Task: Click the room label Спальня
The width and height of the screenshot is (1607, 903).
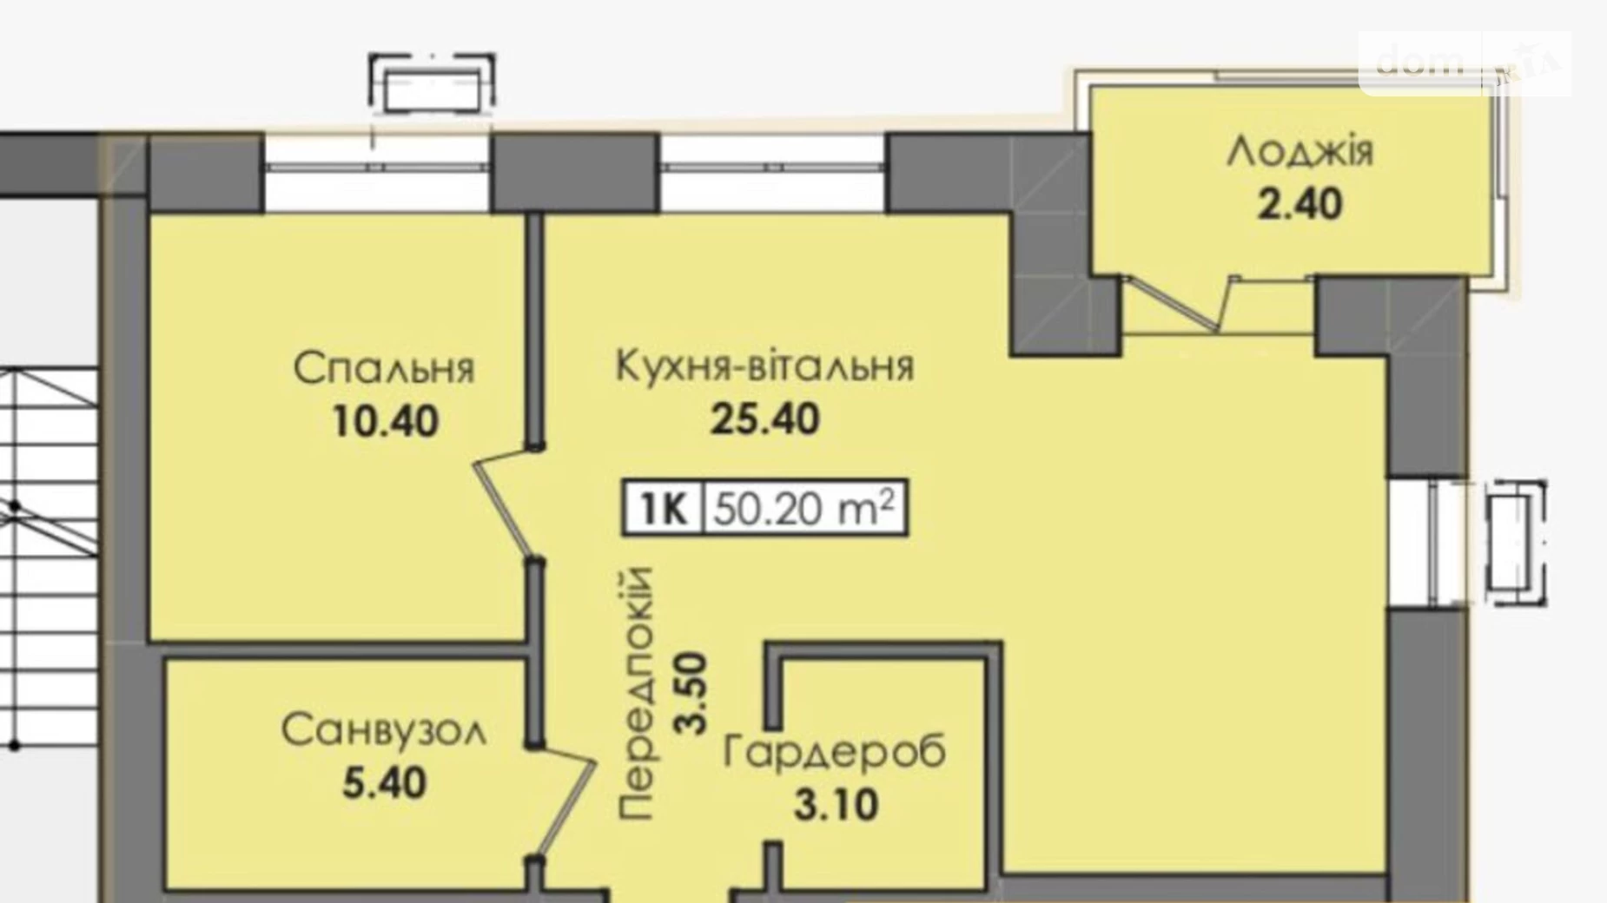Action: (384, 368)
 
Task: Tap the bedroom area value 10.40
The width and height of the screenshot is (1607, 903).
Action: (385, 422)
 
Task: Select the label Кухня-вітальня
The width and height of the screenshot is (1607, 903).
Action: (764, 366)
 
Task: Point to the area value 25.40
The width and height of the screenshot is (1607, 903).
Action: (764, 419)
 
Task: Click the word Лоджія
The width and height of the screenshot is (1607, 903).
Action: (1300, 152)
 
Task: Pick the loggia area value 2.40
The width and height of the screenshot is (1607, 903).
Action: (1300, 205)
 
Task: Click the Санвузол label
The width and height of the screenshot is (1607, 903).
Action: (384, 731)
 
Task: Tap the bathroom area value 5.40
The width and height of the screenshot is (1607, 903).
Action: (384, 783)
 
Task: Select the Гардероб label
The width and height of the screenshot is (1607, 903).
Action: (835, 752)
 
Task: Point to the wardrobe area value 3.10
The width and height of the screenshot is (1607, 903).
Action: (835, 805)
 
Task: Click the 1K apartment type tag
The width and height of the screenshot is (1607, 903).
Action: (663, 508)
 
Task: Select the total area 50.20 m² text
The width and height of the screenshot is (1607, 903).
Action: (803, 508)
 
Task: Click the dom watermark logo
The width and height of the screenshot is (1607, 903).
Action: (1464, 63)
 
